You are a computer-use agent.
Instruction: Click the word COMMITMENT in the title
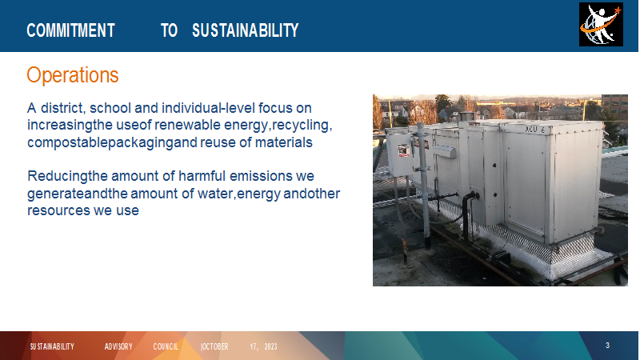(70, 30)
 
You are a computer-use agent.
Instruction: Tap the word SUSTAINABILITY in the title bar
(246, 30)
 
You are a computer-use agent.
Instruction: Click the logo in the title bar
(601, 25)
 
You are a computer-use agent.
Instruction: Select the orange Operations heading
(73, 75)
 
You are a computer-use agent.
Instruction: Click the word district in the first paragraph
(62, 108)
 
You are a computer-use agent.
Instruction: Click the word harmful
(202, 176)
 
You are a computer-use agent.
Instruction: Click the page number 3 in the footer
(607, 346)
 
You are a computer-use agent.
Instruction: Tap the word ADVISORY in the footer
(118, 346)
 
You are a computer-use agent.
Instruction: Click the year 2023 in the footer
(270, 346)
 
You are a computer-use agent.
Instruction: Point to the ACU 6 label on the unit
(534, 130)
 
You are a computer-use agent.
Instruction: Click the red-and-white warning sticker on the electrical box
(403, 150)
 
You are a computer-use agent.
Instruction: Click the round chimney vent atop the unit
(466, 117)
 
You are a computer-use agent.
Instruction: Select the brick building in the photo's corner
(614, 106)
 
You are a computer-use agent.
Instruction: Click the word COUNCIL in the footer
(166, 346)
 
